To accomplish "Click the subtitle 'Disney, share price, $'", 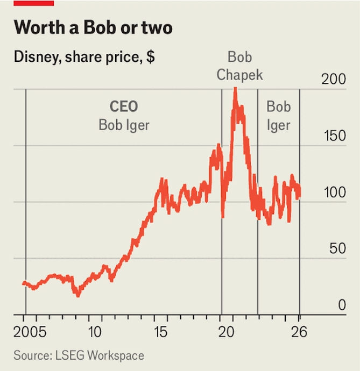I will [84, 57].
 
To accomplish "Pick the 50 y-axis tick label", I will [338, 249].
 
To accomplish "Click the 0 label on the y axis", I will [341, 305].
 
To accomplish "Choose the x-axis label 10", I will [95, 332].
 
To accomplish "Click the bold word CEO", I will [124, 106].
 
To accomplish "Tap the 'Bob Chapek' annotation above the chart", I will [240, 66].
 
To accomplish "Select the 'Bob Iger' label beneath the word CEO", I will [124, 125].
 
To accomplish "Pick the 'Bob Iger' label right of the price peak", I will [278, 116].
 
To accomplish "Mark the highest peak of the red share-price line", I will [235, 89].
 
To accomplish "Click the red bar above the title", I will [33, 3].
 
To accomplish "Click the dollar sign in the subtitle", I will [151, 57].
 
